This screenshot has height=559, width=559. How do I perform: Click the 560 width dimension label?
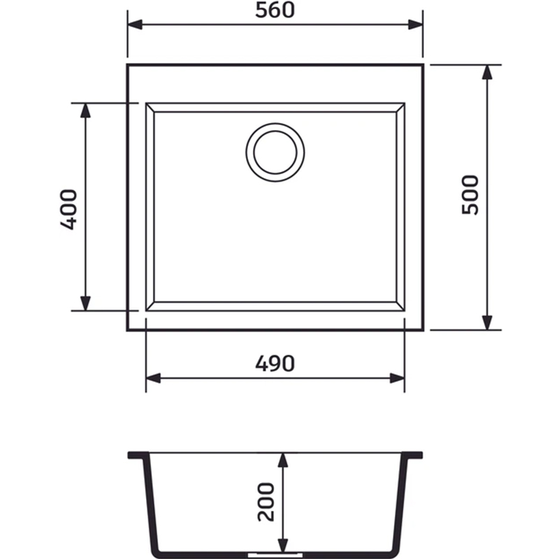pyautogui.click(x=275, y=10)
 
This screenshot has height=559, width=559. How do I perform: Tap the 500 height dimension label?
pyautogui.click(x=470, y=195)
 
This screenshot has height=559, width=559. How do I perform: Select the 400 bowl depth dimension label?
pyautogui.click(x=68, y=209)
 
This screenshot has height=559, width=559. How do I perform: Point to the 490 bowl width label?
pyautogui.click(x=275, y=363)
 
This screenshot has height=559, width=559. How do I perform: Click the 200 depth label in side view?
pyautogui.click(x=266, y=502)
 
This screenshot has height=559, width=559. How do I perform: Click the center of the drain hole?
pyautogui.click(x=275, y=152)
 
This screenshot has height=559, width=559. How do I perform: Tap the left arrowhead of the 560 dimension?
pyautogui.click(x=135, y=24)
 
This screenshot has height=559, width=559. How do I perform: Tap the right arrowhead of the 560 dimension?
pyautogui.click(x=416, y=24)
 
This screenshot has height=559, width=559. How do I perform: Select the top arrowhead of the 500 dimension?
pyautogui.click(x=487, y=72)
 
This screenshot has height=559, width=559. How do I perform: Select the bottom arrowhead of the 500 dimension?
pyautogui.click(x=487, y=323)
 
